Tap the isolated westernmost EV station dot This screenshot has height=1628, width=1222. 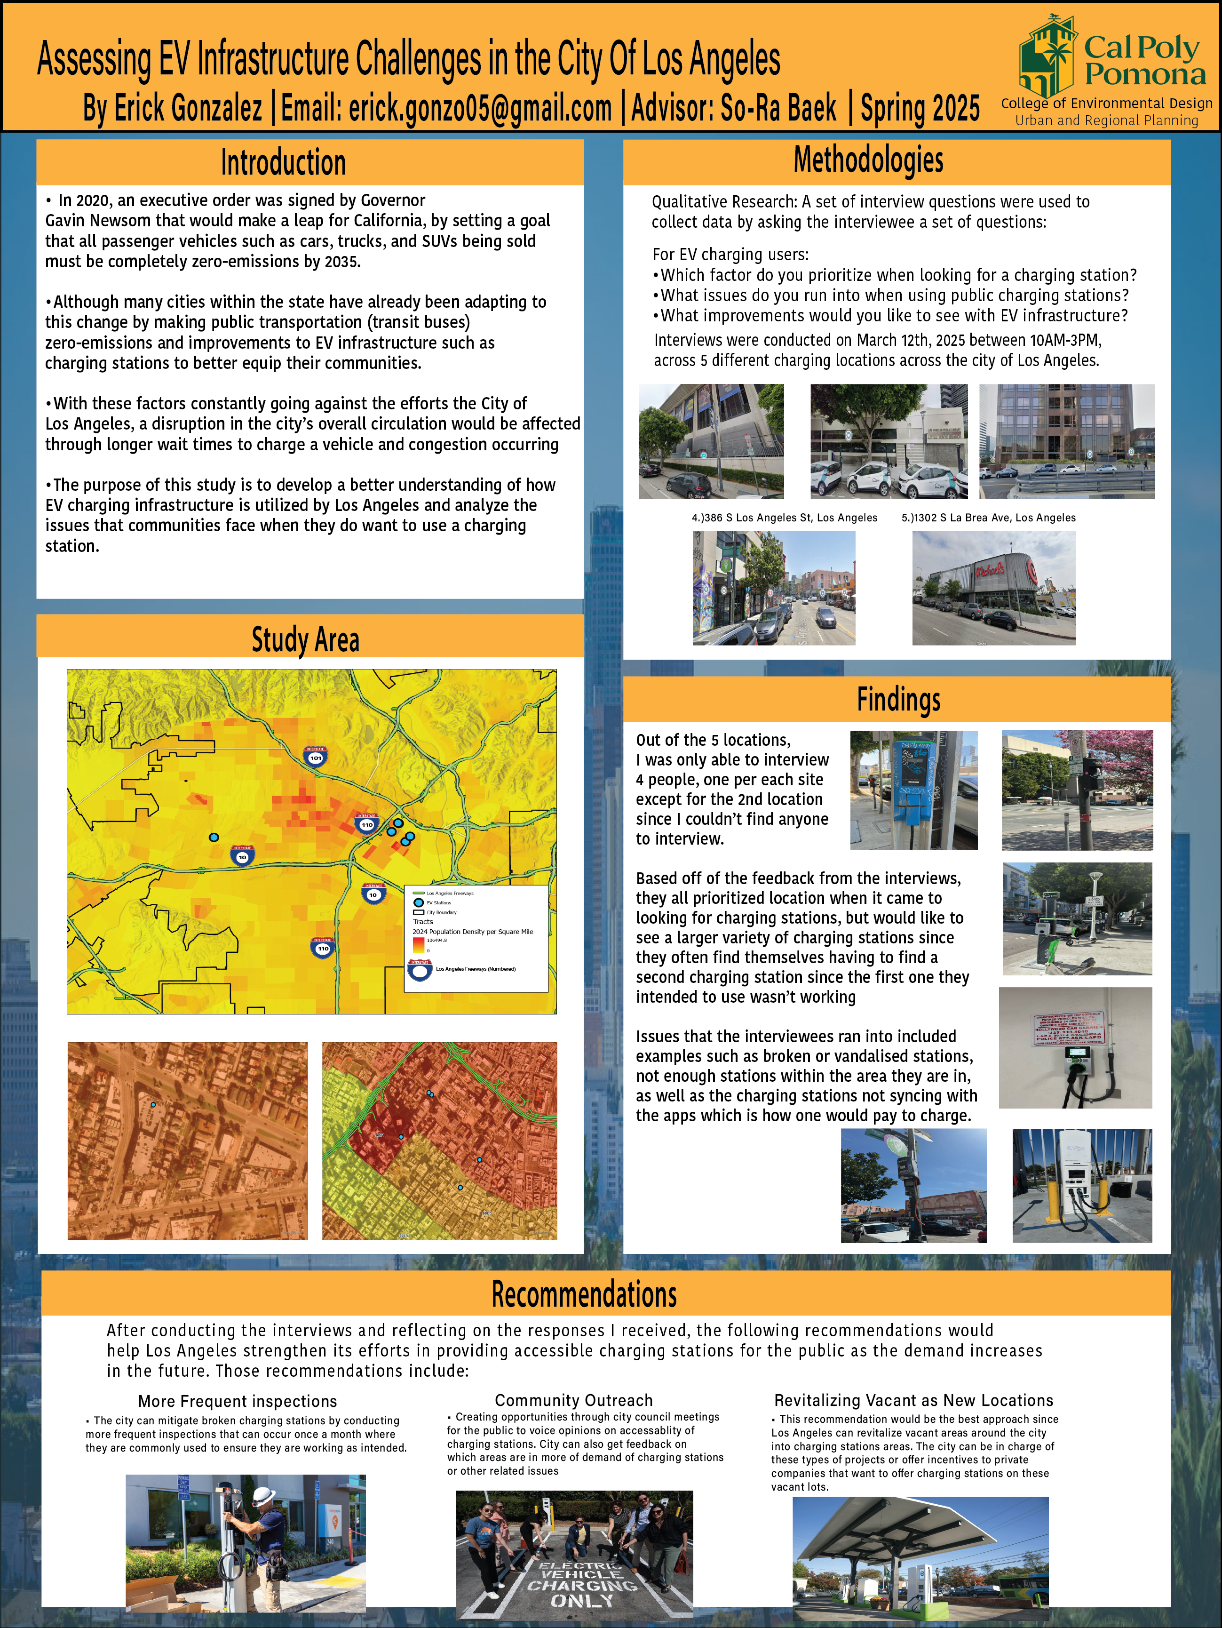pos(214,838)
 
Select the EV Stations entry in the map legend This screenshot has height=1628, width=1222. pos(438,902)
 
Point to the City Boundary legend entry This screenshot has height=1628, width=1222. pos(441,912)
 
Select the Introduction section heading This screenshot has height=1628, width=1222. pos(283,163)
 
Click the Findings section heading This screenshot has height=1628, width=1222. pos(898,699)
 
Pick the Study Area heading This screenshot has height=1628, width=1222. pos(305,639)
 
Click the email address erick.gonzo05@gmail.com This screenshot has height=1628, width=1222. pos(480,108)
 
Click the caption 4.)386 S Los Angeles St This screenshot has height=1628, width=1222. pos(784,518)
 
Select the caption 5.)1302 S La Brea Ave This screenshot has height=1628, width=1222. pos(988,518)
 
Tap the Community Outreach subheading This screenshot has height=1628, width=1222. pos(573,1400)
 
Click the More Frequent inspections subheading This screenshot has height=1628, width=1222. pos(237,1401)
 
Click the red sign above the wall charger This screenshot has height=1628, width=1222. pos(1068,1029)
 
